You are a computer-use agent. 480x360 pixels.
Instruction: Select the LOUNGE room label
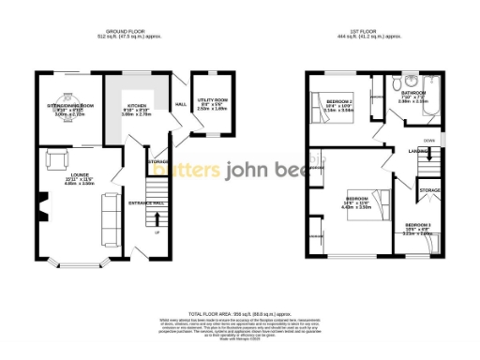coord(71,173)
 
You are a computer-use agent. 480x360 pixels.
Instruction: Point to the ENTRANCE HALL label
coord(145,202)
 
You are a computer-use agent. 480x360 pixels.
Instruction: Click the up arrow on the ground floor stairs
coord(157,232)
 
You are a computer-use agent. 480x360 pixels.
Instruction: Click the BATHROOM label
coord(414,93)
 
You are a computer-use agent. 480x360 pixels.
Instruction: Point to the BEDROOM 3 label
coord(418,225)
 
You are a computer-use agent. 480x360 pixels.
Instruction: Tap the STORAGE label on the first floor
coord(429,190)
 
